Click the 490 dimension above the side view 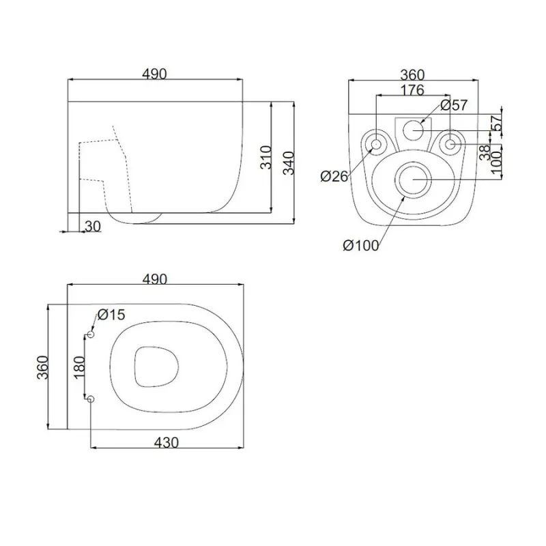coord(155,74)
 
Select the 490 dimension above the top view coord(155,279)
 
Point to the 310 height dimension coord(266,158)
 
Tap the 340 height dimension coord(289,163)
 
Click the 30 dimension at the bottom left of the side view coord(93,227)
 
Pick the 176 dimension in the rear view coord(412,90)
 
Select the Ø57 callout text coord(453,105)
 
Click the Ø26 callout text coord(334,177)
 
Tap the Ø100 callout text coord(361,246)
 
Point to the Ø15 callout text coord(111,315)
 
